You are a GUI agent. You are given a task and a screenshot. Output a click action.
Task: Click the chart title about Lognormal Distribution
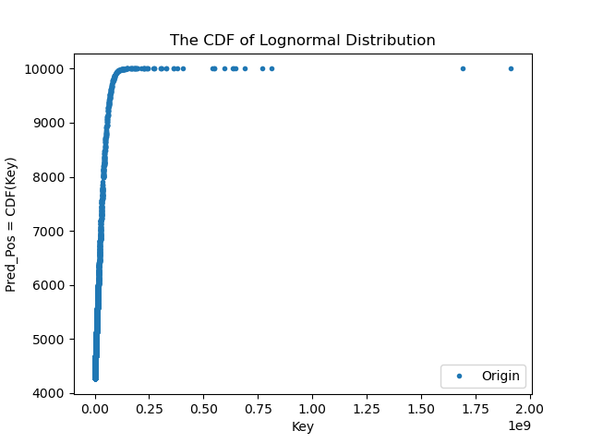(x=303, y=41)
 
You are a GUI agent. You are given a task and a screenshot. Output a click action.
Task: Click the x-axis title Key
(x=303, y=426)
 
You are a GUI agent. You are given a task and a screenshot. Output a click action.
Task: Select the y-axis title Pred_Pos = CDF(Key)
(x=12, y=223)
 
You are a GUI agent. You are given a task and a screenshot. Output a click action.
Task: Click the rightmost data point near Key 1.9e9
(x=511, y=68)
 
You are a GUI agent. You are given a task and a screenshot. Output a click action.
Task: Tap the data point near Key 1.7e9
(x=463, y=68)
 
